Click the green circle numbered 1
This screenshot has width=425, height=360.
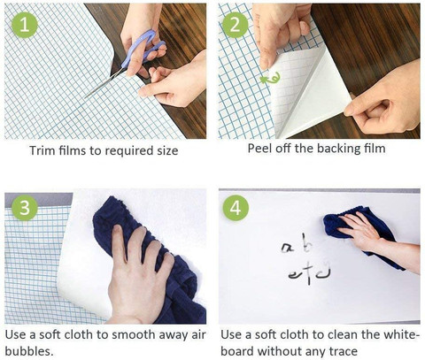pos(25,25)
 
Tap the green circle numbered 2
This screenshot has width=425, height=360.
pos(236,25)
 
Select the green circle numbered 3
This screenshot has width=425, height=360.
pos(25,207)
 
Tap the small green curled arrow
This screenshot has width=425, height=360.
pos(270,78)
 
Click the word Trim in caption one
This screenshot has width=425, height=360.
pos(42,150)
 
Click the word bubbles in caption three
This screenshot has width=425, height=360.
pos(29,351)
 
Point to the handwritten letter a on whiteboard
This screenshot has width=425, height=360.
pos(288,248)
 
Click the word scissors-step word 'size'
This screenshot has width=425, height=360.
pos(167,150)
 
